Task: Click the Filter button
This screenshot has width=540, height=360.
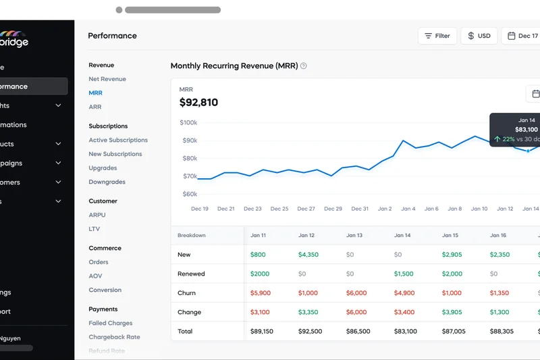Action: [x=437, y=36]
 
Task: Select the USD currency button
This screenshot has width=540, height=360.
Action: [x=479, y=36]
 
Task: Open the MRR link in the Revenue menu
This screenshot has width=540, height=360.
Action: [x=95, y=93]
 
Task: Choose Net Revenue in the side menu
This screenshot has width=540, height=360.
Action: [x=107, y=79]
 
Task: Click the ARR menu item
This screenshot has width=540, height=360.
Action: [x=95, y=107]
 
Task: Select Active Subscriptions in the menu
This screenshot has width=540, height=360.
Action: [x=118, y=140]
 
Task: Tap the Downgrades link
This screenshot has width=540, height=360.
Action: [x=107, y=182]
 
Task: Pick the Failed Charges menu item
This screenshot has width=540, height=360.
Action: [x=110, y=323]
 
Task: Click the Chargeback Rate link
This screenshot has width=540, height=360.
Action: [x=114, y=337]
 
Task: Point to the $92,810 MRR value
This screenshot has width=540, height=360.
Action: [x=198, y=103]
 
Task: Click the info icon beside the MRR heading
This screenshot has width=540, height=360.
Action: [x=304, y=66]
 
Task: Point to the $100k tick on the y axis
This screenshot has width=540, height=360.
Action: [x=188, y=123]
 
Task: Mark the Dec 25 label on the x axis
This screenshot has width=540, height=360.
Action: [x=279, y=209]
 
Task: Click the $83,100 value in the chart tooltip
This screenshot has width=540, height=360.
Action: [x=526, y=130]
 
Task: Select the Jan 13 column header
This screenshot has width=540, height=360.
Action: [x=354, y=235]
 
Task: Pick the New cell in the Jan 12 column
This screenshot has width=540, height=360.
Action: [x=308, y=255]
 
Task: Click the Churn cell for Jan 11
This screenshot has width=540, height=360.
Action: [x=260, y=293]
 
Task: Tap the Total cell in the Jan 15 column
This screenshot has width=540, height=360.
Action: [x=453, y=331]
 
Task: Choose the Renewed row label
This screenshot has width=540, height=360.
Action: [x=191, y=274]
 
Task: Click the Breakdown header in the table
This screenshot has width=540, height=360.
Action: [x=191, y=235]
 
